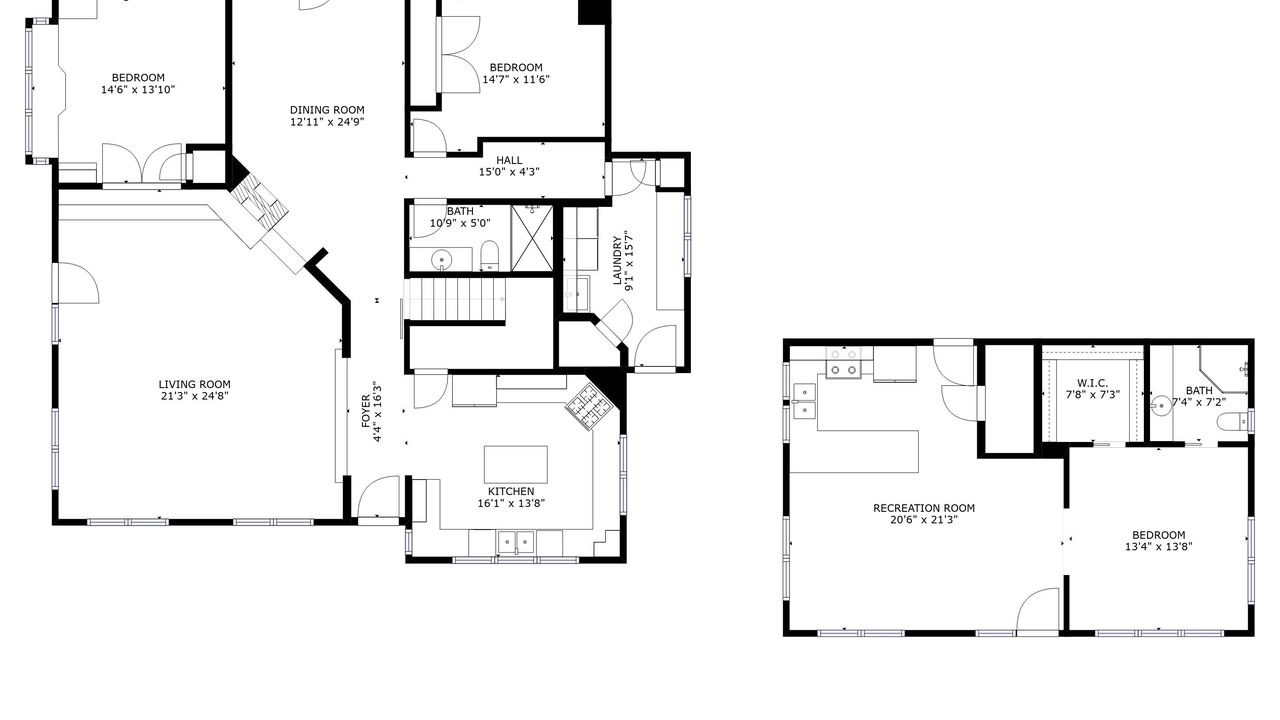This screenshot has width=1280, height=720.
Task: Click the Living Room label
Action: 194,385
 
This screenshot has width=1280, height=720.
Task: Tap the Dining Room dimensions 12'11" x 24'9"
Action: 327,122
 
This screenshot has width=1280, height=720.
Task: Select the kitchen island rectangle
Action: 515,465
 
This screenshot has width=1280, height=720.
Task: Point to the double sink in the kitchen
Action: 515,541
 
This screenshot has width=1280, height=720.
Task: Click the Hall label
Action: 509,161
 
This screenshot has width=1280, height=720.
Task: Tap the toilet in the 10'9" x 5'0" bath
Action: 490,255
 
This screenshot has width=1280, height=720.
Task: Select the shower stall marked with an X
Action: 532,238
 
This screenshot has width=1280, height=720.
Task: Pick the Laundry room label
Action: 617,260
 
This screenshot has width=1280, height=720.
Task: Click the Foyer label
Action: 366,411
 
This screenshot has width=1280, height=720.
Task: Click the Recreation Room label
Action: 924,508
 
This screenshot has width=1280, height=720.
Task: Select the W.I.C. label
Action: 1092,383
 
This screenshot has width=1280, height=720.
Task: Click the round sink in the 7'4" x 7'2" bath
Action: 1161,405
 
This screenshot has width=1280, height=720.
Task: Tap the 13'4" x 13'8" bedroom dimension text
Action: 1158,547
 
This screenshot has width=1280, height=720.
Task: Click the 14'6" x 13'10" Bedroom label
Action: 138,78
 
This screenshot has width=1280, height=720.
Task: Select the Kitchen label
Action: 511,491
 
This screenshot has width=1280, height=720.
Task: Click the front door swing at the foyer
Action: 378,497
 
